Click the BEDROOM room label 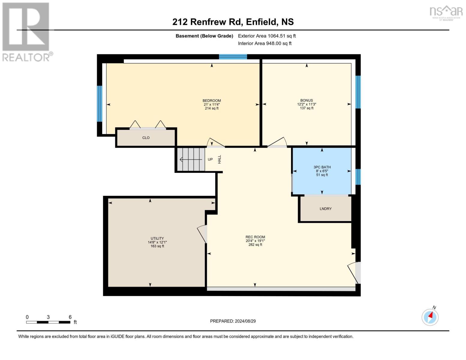212,101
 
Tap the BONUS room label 306,100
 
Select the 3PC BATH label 322,167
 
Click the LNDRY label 326,209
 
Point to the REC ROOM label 255,237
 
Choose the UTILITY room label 157,238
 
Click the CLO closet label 146,138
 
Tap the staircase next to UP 191,159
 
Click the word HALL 219,159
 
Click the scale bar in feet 48,322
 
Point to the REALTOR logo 26,32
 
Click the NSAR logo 446,12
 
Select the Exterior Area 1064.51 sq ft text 267,36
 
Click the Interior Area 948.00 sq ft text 265,43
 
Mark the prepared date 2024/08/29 233,321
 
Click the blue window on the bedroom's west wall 100,104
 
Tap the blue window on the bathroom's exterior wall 358,177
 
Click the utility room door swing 203,234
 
